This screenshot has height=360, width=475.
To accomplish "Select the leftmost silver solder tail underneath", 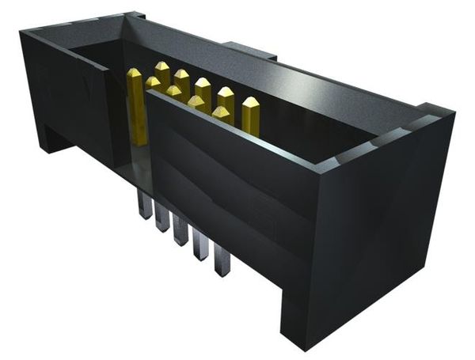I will tap(144, 207).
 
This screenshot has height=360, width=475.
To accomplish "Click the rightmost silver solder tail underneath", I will tap(222, 263).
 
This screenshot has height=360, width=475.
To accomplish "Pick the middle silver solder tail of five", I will tap(182, 233).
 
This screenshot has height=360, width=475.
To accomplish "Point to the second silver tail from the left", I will tap(162, 219).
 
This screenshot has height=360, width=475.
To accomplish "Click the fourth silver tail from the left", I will tap(202, 248).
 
